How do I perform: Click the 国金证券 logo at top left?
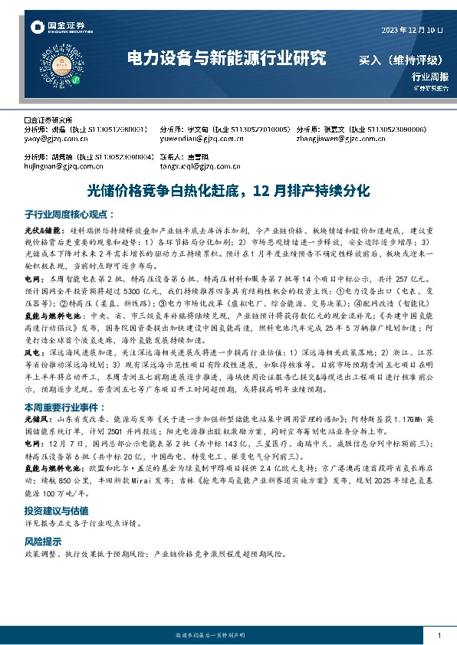54,28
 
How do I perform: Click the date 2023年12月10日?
413,30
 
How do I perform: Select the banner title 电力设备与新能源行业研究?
226,58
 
